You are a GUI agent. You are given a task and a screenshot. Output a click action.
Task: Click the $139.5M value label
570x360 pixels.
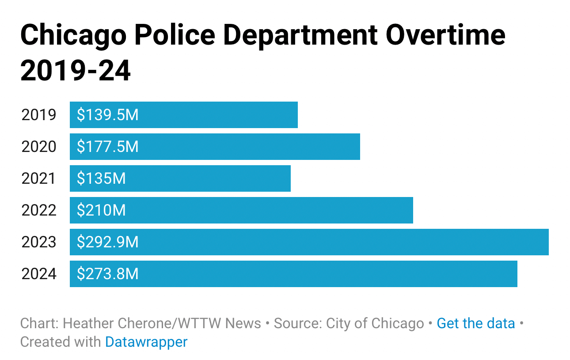coord(107,115)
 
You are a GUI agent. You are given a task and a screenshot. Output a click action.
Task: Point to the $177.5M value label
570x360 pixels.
coord(107,147)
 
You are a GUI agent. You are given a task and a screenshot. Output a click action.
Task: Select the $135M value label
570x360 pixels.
coord(101,179)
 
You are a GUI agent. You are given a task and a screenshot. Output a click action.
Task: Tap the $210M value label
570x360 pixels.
coord(101,211)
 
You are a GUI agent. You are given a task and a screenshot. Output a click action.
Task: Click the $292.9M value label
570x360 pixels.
coord(107,243)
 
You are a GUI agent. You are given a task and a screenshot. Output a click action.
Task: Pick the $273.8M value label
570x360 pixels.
coord(107,274)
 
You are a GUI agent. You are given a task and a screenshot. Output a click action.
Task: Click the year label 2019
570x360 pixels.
coord(39,115)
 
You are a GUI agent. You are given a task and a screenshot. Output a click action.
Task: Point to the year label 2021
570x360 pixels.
coord(39,179)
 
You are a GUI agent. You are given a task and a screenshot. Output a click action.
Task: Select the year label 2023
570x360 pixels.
coord(39,243)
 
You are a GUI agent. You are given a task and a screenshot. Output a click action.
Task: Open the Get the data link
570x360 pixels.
coord(476,323)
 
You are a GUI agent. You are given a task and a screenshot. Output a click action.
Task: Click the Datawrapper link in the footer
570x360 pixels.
coord(146,342)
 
